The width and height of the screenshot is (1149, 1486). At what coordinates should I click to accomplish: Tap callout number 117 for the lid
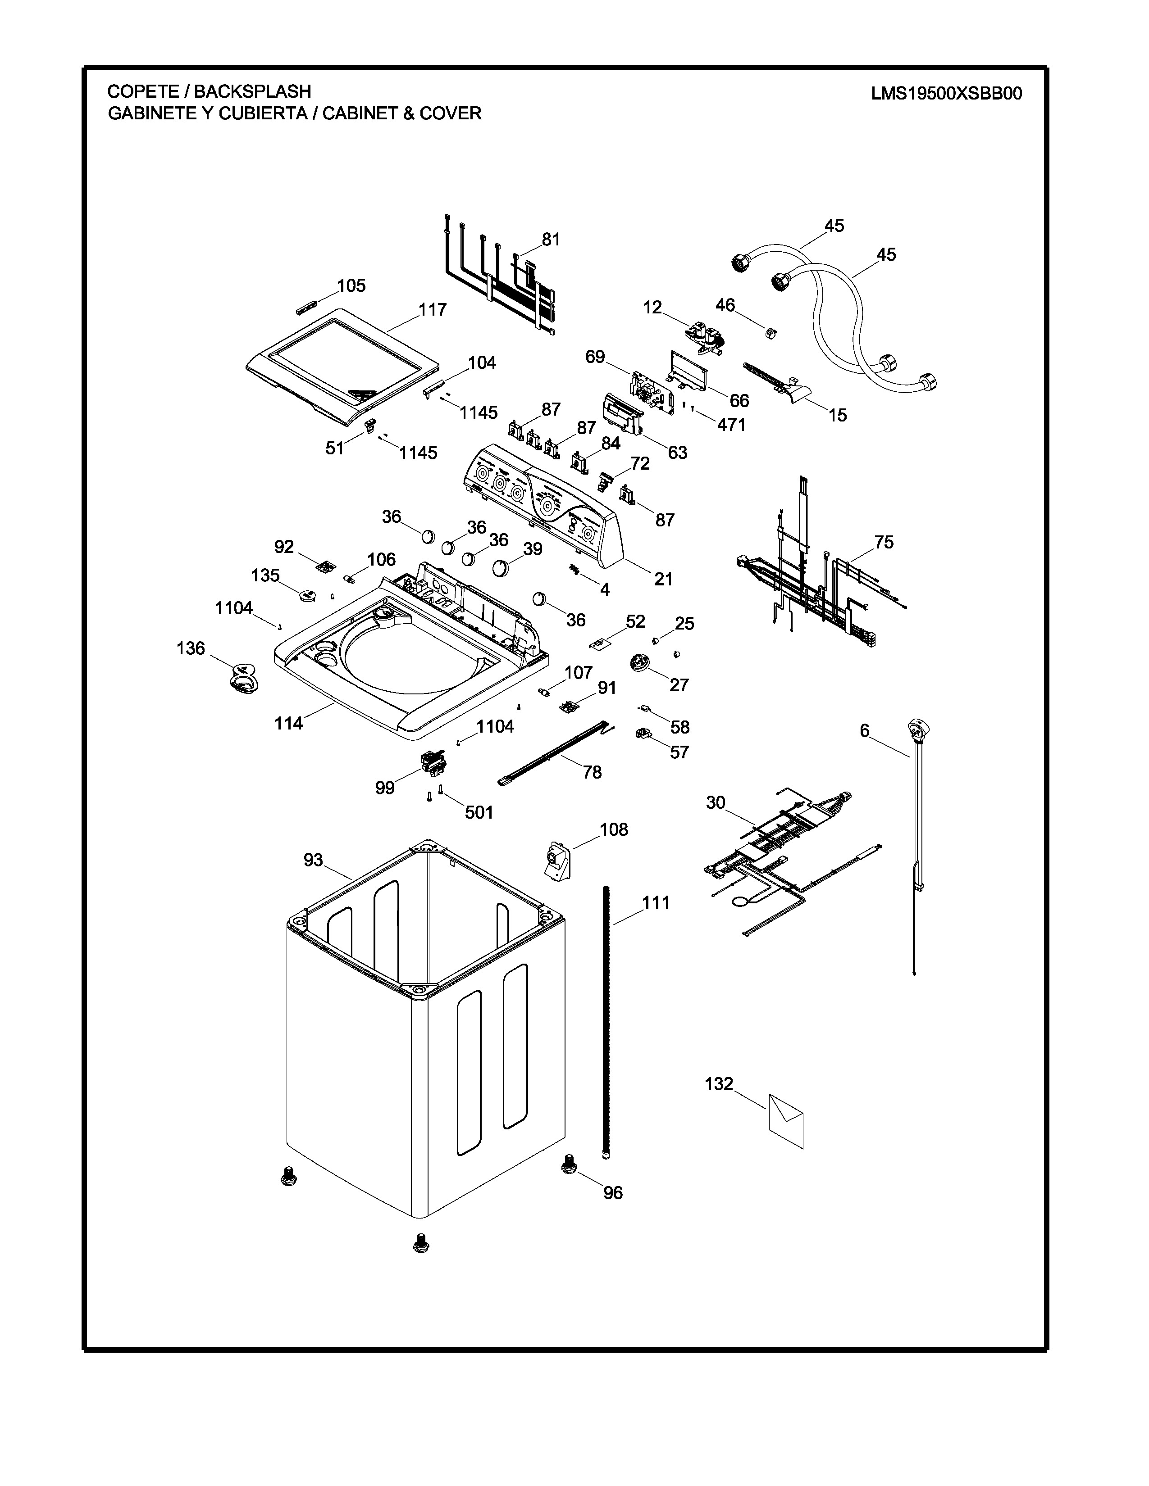click(x=432, y=310)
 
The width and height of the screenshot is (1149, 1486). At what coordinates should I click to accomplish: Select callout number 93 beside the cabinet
click(x=313, y=860)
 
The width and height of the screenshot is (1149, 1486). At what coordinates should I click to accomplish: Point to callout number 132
click(x=719, y=1084)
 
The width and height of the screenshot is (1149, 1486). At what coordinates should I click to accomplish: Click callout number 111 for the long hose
click(x=656, y=903)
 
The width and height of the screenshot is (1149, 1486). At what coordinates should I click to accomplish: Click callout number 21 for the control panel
click(x=663, y=579)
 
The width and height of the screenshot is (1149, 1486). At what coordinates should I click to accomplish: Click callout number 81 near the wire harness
click(x=551, y=240)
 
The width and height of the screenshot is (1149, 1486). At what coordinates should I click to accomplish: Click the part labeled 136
click(x=242, y=678)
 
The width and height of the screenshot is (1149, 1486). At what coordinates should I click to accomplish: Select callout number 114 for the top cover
click(x=289, y=723)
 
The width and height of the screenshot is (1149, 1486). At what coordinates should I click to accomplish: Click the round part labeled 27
click(x=640, y=662)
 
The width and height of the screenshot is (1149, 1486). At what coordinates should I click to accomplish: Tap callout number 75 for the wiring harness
click(x=884, y=542)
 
